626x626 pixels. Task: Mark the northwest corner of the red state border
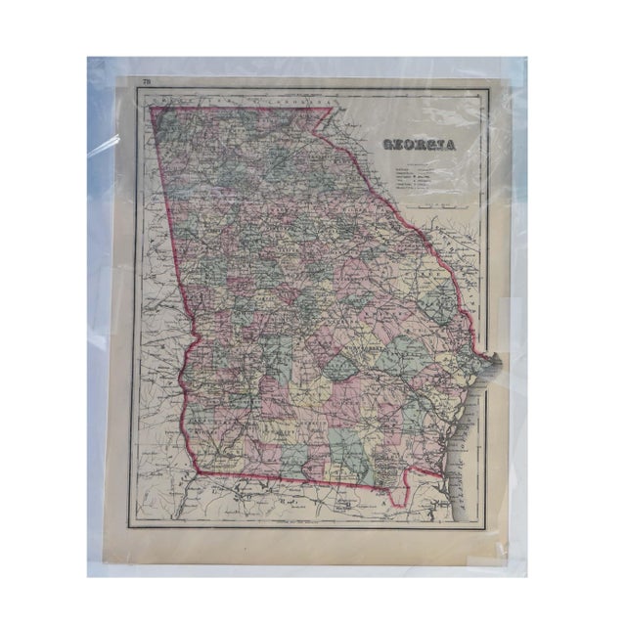[x=152, y=107]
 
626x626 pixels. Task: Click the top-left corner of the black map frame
[x=132, y=89]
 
